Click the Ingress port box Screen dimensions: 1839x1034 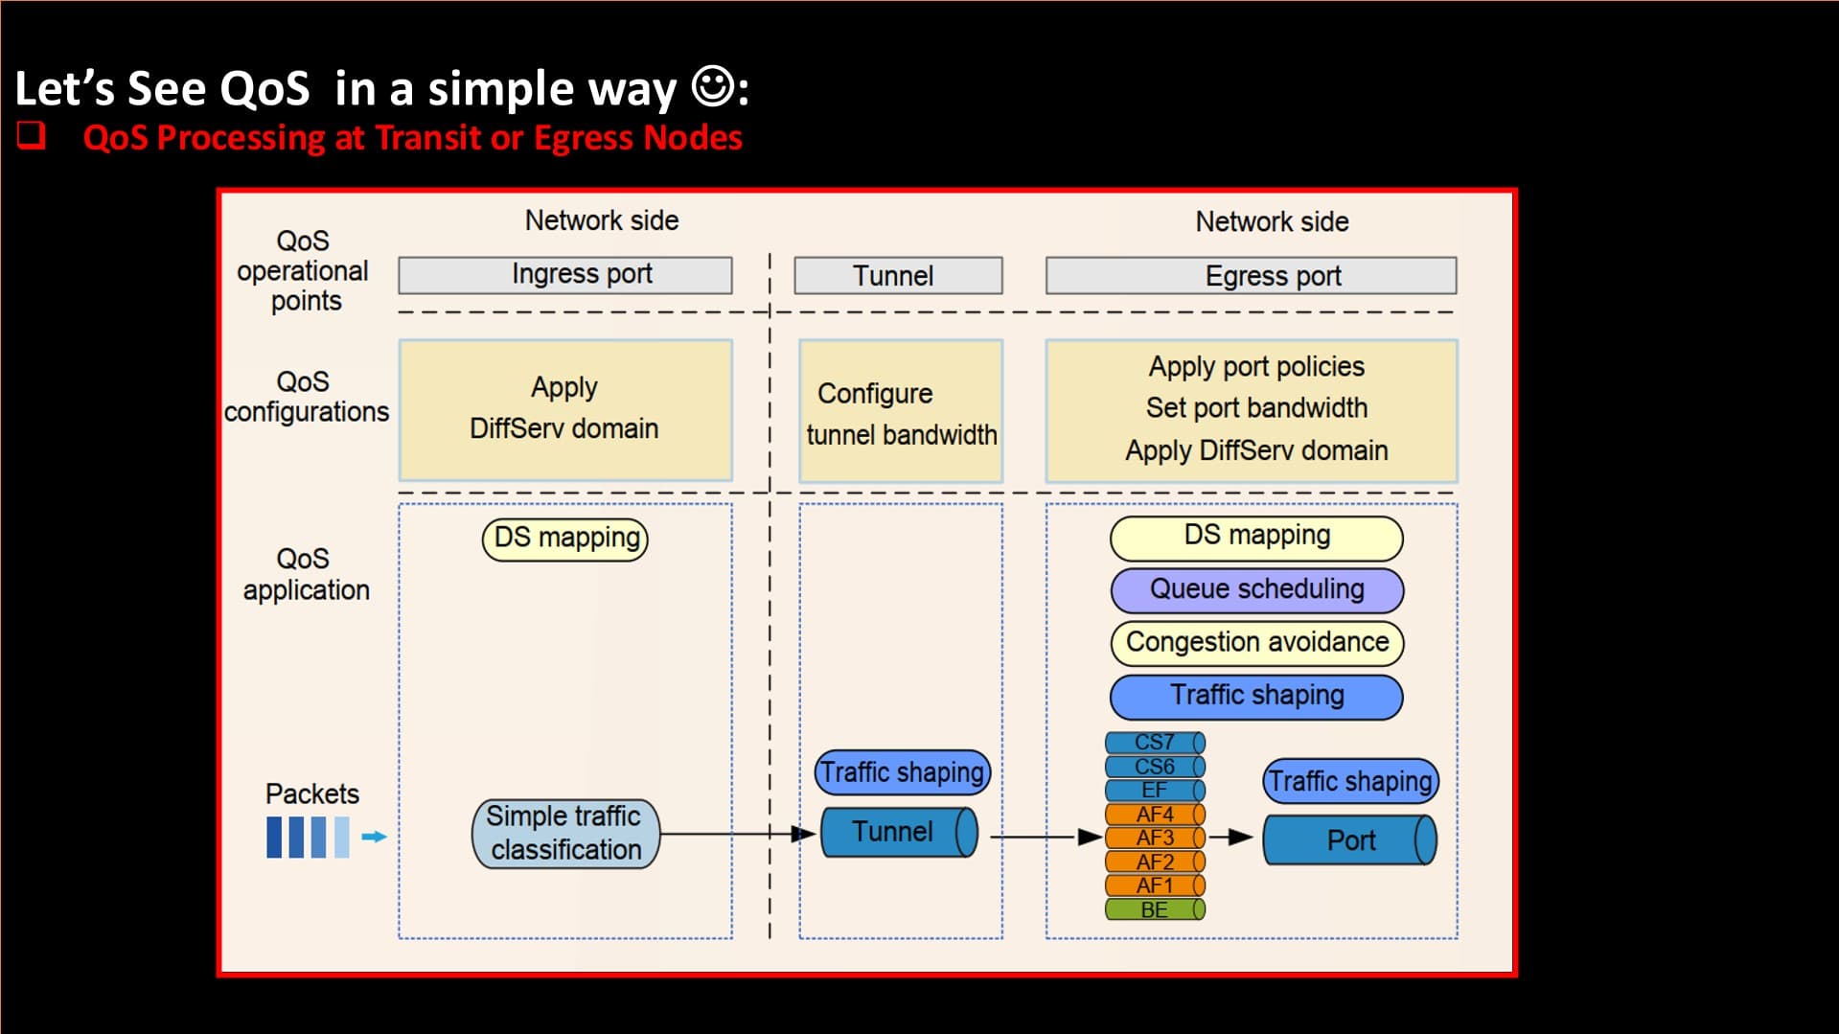tap(565, 275)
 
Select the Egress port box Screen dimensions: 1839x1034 tap(1251, 276)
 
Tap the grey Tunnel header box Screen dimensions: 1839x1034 tap(898, 276)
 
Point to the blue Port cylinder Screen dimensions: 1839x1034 tap(1350, 840)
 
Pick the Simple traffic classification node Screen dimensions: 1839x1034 tap(565, 834)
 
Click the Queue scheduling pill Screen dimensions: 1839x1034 tap(1256, 590)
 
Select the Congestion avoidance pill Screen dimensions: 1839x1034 tap(1256, 643)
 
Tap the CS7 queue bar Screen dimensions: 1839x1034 tap(1155, 743)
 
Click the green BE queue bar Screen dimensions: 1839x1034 tap(1155, 909)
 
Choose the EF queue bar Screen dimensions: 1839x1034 tap(1155, 791)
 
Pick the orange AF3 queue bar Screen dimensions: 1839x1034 tap(1155, 838)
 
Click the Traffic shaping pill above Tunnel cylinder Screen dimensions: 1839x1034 tap(902, 772)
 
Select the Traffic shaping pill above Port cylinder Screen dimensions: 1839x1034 tap(1350, 781)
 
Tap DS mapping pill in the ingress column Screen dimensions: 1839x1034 tap(565, 539)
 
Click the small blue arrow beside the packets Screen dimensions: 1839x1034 tap(374, 837)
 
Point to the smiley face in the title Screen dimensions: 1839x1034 tap(714, 86)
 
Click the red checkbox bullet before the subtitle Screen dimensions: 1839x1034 tap(31, 135)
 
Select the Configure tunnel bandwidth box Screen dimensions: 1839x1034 tap(901, 412)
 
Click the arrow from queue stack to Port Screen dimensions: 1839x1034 tap(1230, 838)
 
